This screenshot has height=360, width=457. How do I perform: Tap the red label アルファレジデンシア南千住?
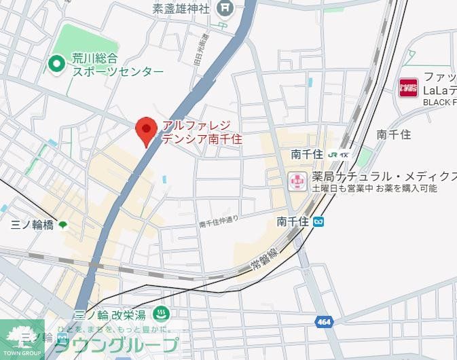(200, 132)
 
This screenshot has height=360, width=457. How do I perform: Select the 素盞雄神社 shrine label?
(181, 8)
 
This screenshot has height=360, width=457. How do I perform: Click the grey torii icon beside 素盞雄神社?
(225, 8)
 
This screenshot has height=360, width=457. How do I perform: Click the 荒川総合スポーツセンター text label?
(117, 65)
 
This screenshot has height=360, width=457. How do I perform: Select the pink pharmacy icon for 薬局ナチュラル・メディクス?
(296, 181)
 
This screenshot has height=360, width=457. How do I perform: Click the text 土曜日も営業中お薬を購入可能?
(374, 189)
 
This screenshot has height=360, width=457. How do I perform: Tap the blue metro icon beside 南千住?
(319, 221)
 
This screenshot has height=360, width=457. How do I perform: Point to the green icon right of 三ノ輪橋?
(63, 225)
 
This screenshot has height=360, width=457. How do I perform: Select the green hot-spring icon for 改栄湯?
(162, 314)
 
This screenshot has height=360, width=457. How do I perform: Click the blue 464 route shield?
(323, 321)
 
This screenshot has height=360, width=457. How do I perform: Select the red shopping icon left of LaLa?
(408, 88)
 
